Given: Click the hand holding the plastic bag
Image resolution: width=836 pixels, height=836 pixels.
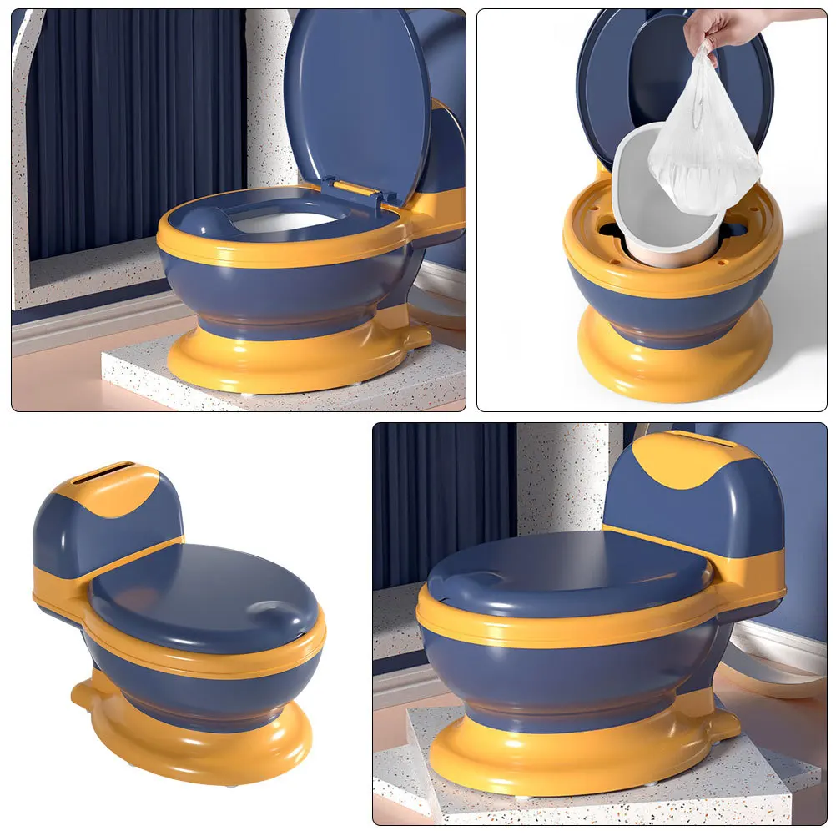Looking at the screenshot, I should [713, 28].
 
